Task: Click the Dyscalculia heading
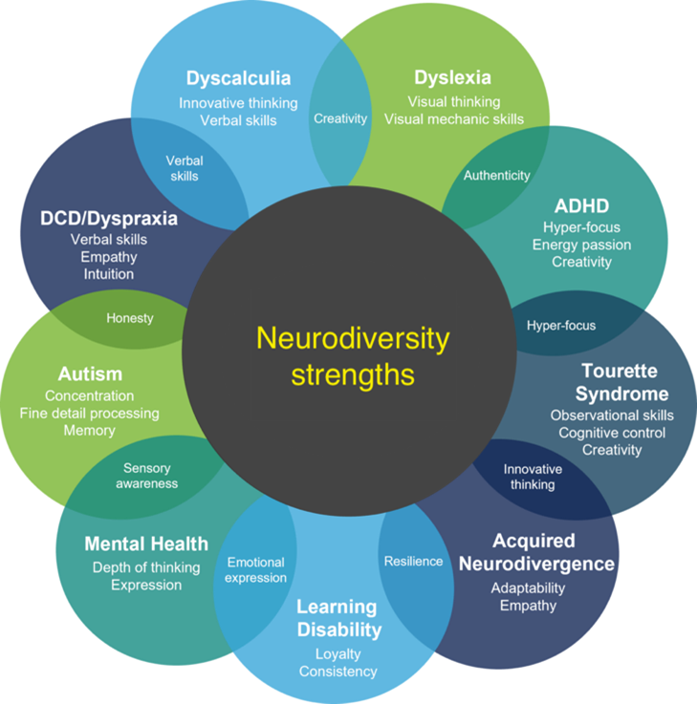coord(239,78)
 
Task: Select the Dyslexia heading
coord(452,77)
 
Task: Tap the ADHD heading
coord(581,206)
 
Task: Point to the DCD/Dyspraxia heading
coord(109,219)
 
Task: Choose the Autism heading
coord(90,374)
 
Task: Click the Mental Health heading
coord(146,544)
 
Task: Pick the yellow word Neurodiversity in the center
coord(353,339)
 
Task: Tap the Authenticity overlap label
coord(497,176)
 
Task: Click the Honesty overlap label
coord(130,318)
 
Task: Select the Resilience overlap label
coord(413,562)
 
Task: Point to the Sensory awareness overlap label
coord(147,476)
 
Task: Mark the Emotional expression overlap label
coord(255,569)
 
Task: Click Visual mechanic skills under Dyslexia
coord(454,119)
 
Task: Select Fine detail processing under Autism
coord(90,414)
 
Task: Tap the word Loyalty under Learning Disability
coord(338,654)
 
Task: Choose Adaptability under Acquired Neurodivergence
coord(528,588)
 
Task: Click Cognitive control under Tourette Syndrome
coord(612,433)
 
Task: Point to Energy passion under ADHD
coord(581,245)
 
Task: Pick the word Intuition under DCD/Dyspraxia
coord(109,274)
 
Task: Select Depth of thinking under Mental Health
coord(146,568)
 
